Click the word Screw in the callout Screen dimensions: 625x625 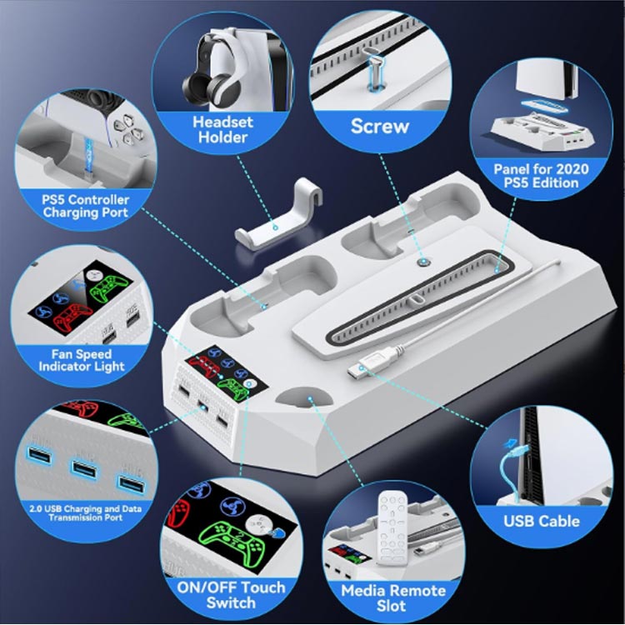[379, 127]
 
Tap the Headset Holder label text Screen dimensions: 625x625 [222, 129]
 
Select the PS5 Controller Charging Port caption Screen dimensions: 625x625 [85, 206]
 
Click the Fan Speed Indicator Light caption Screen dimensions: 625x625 [82, 360]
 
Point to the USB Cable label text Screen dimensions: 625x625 [542, 521]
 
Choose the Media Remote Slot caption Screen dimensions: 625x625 [393, 597]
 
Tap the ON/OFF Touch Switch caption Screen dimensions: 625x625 [231, 595]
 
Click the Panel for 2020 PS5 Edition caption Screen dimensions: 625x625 [541, 176]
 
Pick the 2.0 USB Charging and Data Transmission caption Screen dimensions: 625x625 [85, 513]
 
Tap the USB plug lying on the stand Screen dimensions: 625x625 [362, 365]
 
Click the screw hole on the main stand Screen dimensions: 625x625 [422, 262]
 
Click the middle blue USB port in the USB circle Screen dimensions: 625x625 [83, 469]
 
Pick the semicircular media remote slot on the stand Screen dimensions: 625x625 [304, 397]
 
